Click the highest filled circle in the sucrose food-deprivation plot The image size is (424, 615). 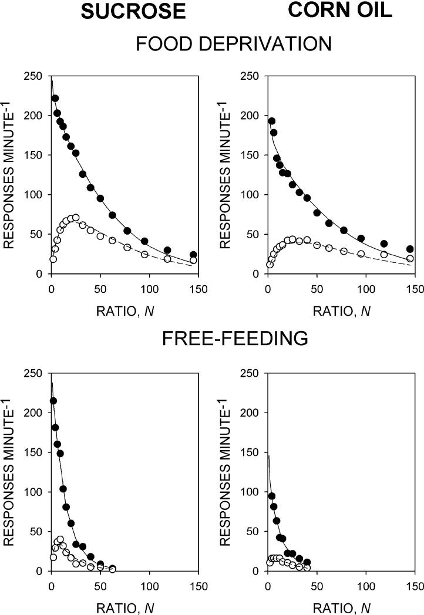tap(55, 99)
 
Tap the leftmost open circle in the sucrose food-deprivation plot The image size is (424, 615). tap(53, 259)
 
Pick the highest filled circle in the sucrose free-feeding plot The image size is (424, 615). tap(53, 401)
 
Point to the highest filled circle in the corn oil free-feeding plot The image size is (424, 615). tap(272, 496)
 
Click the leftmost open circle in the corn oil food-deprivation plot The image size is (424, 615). tap(270, 265)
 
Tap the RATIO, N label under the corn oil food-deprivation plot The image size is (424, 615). tap(341, 306)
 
